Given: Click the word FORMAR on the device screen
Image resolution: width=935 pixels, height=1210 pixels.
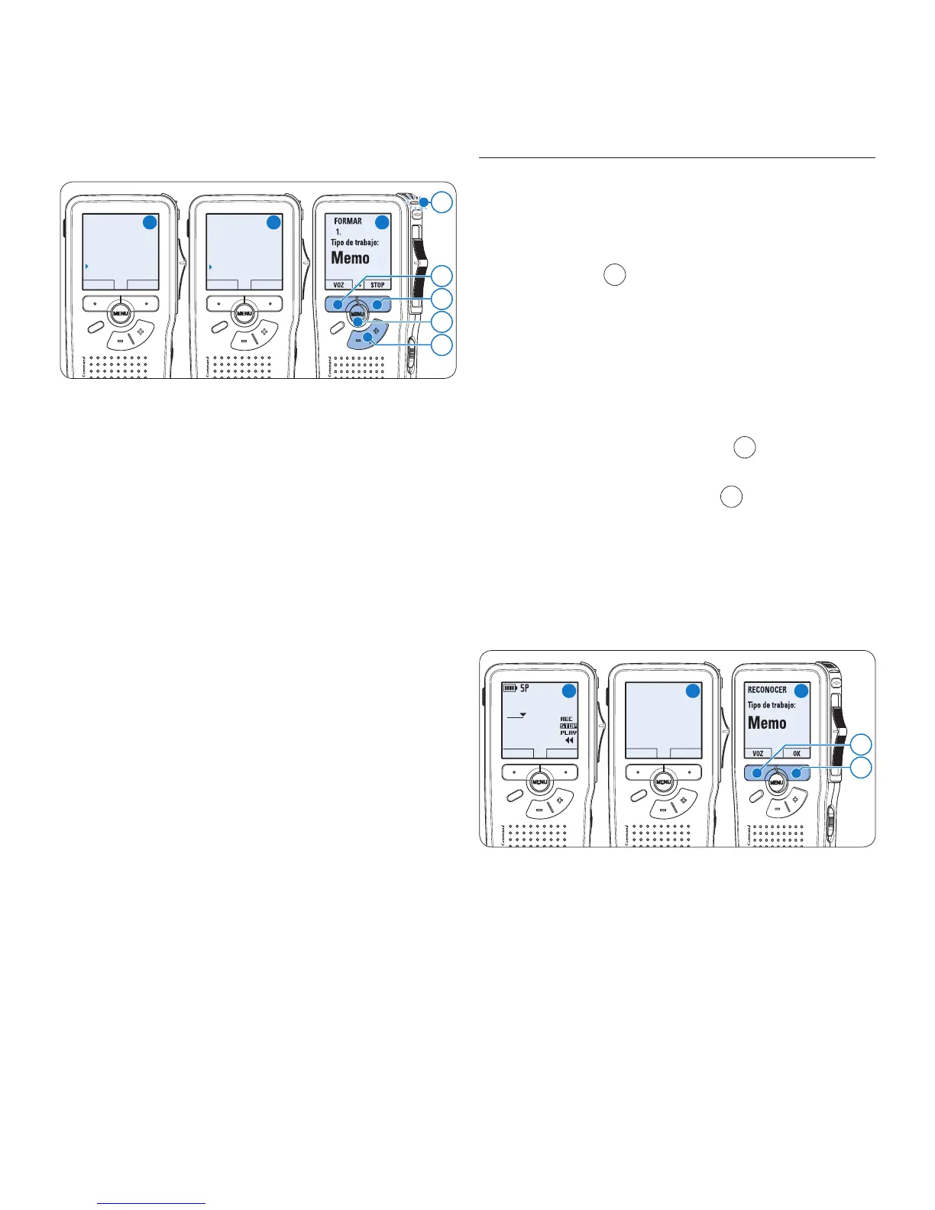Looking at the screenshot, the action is click(348, 222).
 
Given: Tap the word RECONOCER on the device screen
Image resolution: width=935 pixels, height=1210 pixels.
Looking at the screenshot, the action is click(767, 690).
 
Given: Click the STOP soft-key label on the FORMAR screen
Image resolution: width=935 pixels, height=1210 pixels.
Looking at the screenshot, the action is click(377, 285).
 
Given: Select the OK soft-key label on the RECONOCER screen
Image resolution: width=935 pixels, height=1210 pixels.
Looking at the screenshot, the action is click(797, 753).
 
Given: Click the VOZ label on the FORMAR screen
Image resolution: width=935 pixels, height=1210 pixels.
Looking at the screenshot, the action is click(338, 285).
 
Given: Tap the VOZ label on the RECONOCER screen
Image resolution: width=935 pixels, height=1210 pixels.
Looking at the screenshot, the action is click(758, 753).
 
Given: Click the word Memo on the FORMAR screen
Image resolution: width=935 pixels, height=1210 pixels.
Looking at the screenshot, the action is click(351, 258).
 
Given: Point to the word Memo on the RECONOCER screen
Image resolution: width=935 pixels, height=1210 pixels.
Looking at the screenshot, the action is click(767, 723).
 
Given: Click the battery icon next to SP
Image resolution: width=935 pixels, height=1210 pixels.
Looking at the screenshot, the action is click(510, 688).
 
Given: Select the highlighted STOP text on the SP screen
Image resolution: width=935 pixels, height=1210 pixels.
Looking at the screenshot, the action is click(568, 726).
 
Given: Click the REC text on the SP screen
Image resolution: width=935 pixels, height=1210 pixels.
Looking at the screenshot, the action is click(566, 719).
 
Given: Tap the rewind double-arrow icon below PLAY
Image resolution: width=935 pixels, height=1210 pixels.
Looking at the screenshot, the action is click(568, 740).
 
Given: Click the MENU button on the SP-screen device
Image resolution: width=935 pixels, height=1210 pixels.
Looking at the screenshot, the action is click(539, 781).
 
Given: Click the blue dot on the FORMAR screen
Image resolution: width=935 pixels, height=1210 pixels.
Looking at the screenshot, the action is click(382, 222).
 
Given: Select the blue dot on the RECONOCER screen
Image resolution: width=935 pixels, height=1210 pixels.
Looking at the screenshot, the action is click(801, 690).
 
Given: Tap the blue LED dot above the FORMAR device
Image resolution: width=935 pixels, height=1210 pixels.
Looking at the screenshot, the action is click(425, 202).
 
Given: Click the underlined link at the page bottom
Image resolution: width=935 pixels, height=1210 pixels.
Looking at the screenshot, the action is click(152, 1205).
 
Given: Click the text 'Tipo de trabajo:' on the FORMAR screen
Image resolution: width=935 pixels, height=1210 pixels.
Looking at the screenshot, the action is click(354, 243).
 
